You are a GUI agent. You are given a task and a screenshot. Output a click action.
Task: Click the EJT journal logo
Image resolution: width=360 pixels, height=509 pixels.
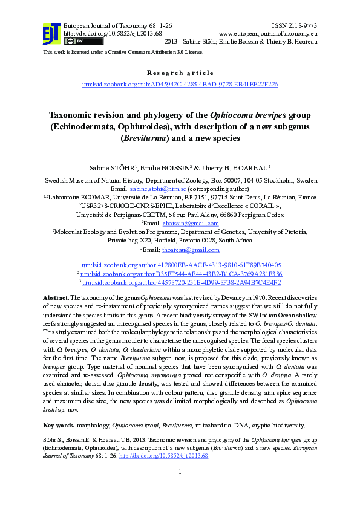(x=51, y=34)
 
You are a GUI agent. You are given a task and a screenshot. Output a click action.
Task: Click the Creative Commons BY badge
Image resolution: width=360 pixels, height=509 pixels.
(x=74, y=41)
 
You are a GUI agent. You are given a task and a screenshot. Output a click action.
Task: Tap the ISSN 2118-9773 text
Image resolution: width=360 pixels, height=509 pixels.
(x=295, y=26)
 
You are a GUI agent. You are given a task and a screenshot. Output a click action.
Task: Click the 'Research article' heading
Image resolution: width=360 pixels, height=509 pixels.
(x=180, y=73)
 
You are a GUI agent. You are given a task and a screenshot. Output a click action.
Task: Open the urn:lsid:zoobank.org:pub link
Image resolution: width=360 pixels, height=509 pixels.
(x=180, y=84)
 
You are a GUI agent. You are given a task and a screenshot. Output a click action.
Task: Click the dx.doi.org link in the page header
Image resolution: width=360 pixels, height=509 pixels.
(x=113, y=33)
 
